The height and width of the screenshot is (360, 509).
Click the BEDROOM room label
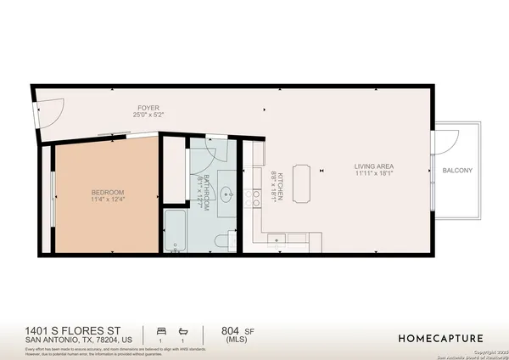(108, 192)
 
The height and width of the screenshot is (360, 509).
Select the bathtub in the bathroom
(176, 233)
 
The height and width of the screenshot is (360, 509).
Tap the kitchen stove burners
(254, 200)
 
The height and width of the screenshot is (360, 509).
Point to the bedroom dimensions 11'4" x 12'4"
(108, 200)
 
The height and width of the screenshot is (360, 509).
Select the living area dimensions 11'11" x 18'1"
(377, 174)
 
